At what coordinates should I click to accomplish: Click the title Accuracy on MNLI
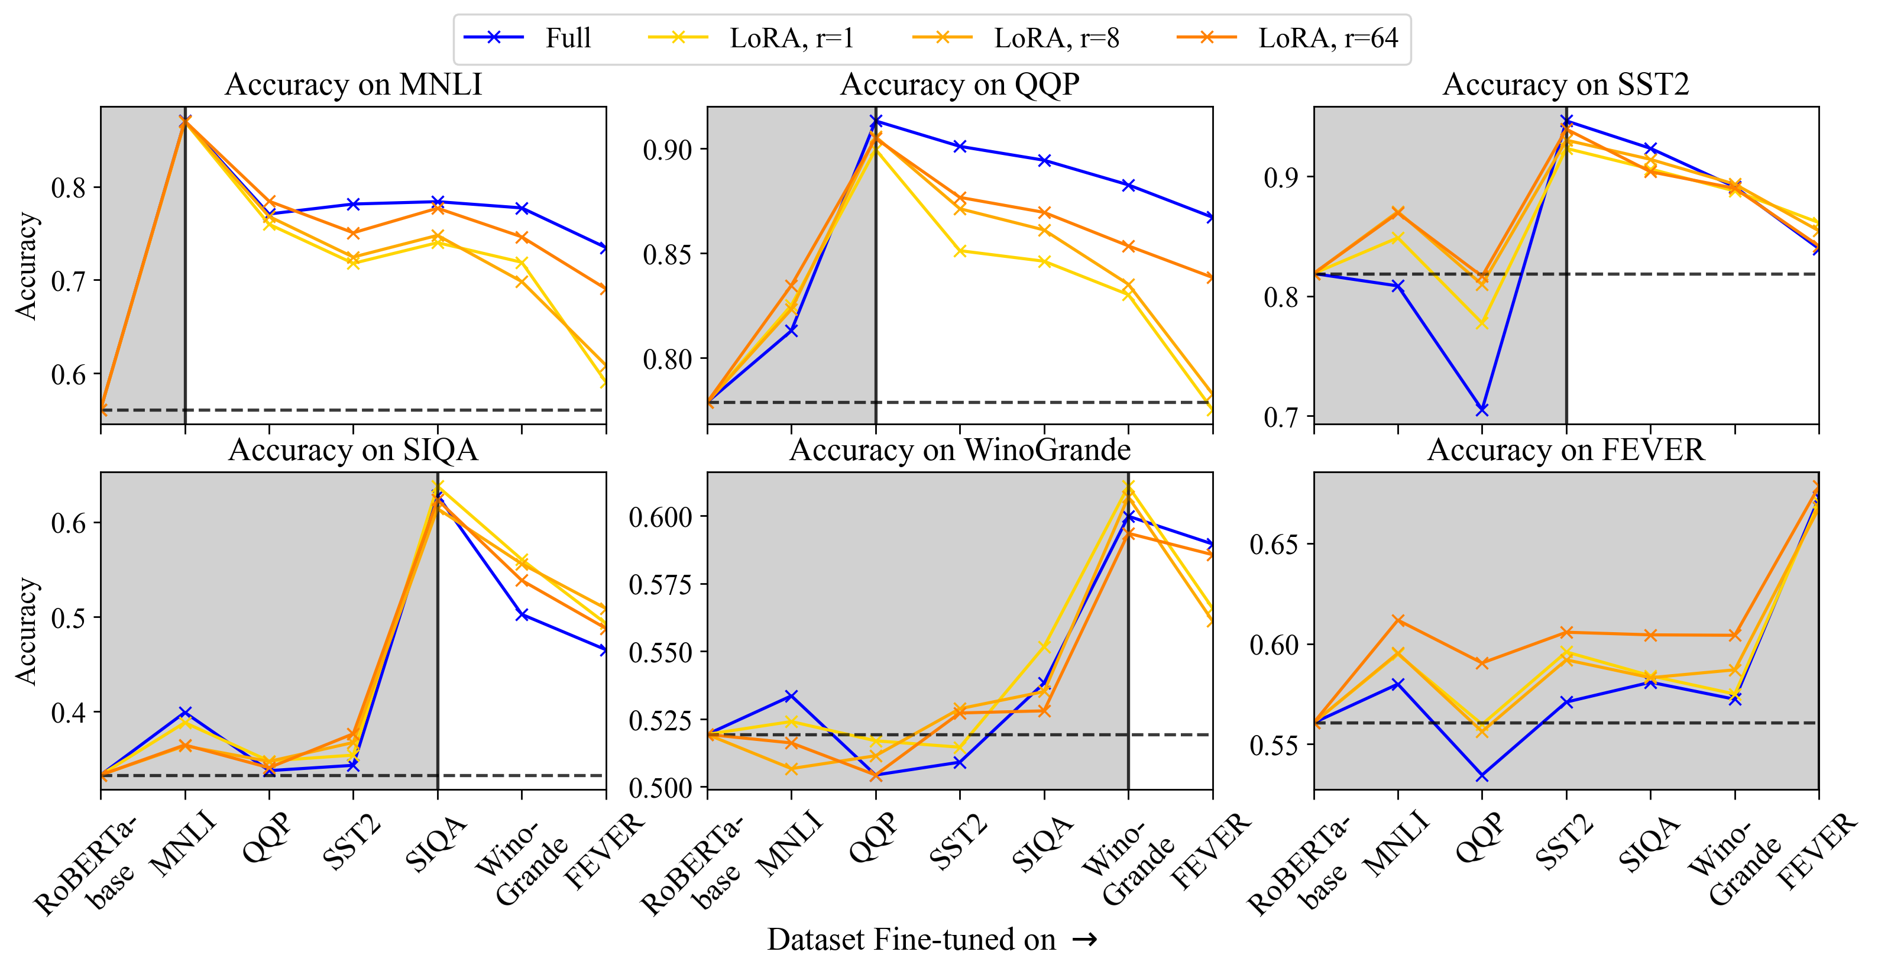[353, 85]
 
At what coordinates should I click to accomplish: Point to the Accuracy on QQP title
[960, 85]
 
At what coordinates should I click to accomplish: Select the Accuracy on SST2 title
[1565, 85]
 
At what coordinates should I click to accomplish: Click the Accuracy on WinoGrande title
[960, 450]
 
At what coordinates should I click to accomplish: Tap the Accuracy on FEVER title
[1565, 450]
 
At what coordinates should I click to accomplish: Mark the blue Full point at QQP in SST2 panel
[1482, 410]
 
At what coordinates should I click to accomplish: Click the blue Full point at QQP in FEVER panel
[1482, 776]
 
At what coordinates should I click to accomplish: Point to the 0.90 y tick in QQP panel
[666, 150]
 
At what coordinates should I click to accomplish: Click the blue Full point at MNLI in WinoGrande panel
[792, 696]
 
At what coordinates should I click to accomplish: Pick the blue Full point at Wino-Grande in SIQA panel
[522, 614]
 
